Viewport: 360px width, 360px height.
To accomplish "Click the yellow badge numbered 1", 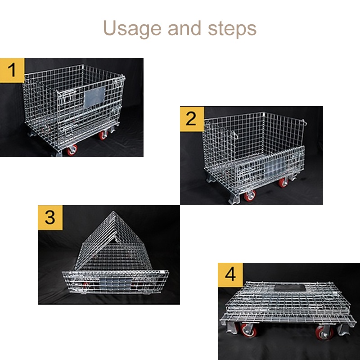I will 12,70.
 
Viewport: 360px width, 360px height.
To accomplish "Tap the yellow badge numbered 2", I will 192,119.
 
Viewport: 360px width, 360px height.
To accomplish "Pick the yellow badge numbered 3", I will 50,217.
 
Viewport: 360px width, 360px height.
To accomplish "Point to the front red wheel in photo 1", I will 72,150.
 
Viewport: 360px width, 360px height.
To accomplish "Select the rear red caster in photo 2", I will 283,182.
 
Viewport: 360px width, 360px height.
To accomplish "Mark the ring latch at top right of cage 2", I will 305,122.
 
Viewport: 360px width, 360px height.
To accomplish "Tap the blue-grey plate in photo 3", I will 112,283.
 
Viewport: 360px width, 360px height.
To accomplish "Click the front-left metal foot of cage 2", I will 212,180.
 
